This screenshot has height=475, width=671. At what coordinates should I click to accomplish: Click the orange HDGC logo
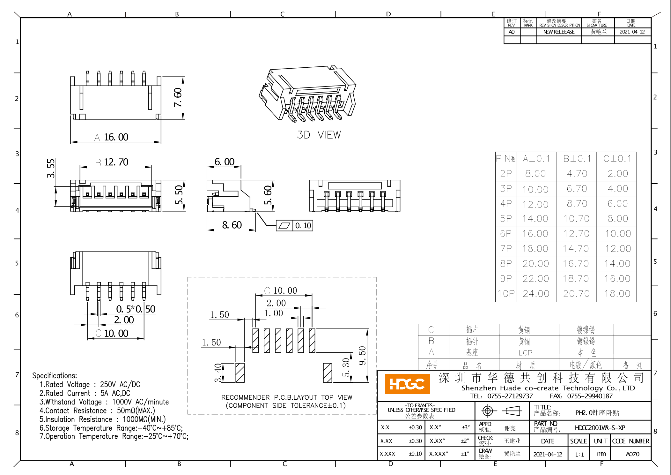point(407,384)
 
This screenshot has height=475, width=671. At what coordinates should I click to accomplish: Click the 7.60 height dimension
point(178,97)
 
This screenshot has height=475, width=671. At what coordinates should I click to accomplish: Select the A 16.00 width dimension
point(112,137)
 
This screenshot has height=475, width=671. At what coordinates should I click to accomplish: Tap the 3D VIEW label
point(319,135)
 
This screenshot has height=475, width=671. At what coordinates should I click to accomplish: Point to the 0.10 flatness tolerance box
point(294,226)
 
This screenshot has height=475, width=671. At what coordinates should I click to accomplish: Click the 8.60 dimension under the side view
point(232,225)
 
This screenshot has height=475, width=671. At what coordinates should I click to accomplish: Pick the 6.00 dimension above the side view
point(224,162)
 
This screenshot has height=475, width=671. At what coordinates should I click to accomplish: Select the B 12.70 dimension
point(112,162)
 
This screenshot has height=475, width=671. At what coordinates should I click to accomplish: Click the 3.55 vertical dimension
point(51,168)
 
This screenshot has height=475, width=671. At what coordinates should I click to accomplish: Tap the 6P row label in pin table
point(506,234)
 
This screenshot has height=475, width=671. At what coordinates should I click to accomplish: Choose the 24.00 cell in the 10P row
point(536,294)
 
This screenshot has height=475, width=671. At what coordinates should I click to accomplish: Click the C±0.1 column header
point(617,159)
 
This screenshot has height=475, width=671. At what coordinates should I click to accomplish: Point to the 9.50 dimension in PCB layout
point(362,355)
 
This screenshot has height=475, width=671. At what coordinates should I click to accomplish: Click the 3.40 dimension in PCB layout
point(218,373)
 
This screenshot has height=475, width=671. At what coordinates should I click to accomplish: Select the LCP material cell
point(525,353)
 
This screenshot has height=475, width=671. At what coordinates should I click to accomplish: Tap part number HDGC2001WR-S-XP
point(600,428)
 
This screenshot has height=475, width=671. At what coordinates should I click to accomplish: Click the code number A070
point(632,454)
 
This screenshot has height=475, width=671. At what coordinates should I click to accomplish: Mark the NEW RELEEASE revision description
point(559,32)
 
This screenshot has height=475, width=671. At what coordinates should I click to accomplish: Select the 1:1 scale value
point(579,454)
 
